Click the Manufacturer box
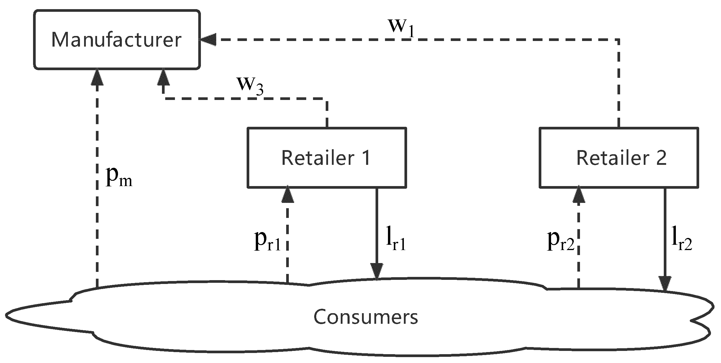point(117,40)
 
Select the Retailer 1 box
point(327,158)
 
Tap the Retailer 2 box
point(619,158)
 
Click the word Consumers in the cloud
point(366,317)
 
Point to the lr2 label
point(681,242)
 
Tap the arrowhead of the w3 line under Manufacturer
point(163,77)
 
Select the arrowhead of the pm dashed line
point(97,77)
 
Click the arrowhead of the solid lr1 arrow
point(377,271)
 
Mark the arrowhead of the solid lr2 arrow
point(665,284)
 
